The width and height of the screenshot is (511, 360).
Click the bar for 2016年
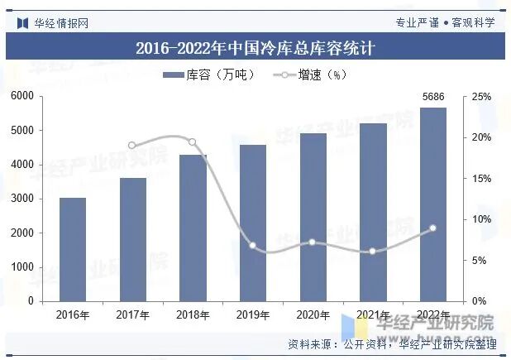(73, 249)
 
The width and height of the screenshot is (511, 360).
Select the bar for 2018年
(193, 228)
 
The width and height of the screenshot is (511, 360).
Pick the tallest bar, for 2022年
(433, 204)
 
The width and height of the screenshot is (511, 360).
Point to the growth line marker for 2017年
(132, 145)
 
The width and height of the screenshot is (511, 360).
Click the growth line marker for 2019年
(253, 246)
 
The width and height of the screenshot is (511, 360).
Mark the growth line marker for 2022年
(433, 228)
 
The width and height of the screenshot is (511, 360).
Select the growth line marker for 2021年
(373, 252)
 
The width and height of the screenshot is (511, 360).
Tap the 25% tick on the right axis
(482, 97)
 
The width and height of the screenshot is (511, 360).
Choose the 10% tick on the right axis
(482, 219)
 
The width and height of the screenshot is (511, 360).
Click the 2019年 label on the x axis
(253, 314)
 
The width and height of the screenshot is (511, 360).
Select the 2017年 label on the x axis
(132, 314)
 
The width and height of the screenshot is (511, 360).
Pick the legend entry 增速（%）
(308, 74)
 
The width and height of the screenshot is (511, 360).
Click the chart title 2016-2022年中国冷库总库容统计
(255, 48)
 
